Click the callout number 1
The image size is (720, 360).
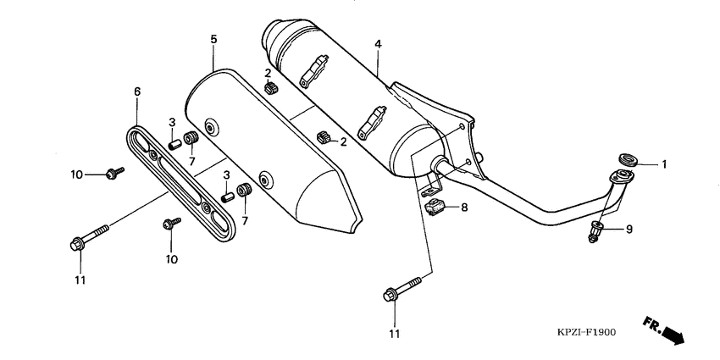664,164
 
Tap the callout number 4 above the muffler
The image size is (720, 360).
378,43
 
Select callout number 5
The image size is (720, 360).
213,39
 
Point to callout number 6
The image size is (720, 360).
136,91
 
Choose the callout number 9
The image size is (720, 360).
629,229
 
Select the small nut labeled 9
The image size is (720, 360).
595,230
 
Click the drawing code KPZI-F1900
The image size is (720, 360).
587,332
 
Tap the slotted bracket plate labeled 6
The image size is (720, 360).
179,180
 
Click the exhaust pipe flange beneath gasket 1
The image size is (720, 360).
623,176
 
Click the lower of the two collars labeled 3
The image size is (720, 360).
227,197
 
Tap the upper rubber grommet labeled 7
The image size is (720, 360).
191,138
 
